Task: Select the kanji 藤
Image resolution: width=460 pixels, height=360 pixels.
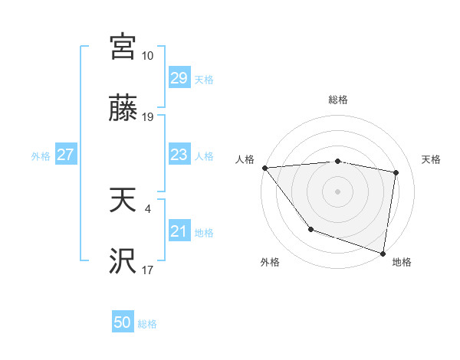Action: [x=123, y=108]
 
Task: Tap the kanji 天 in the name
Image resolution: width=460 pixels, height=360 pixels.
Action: [x=123, y=201]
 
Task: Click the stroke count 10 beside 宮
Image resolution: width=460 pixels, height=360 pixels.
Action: [x=147, y=55]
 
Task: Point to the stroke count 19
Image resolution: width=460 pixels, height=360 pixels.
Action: [x=147, y=117]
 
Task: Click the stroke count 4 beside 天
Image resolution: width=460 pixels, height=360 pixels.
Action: [x=147, y=208]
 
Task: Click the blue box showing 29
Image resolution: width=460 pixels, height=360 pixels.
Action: [x=179, y=78]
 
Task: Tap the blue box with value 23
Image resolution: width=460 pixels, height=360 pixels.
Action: [x=179, y=155]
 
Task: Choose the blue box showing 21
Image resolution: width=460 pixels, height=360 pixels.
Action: [x=179, y=231]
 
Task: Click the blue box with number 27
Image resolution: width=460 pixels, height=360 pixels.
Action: [x=65, y=155]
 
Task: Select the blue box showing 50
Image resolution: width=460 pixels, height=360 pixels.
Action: [x=123, y=322]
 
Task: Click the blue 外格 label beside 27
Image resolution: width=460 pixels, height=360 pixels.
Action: [x=41, y=155]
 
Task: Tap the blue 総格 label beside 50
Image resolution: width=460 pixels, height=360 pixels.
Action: [x=147, y=323]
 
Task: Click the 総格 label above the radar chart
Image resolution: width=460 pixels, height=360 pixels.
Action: [x=338, y=100]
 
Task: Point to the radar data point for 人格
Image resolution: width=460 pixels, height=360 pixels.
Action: [x=264, y=168]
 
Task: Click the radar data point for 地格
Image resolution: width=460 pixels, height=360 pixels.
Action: [x=383, y=253]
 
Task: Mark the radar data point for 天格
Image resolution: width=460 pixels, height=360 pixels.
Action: [x=396, y=172]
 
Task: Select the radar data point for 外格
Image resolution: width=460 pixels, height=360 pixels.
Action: [x=310, y=229]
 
